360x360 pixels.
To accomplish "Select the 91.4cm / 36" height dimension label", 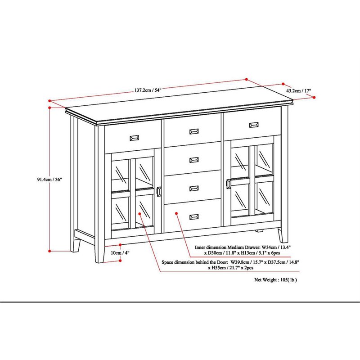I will coord(49,179).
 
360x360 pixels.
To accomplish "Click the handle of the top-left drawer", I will coord(135,138).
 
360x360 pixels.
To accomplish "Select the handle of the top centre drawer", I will coord(194,131).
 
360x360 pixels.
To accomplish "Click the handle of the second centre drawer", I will coord(194,159).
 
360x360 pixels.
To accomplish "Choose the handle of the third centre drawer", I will coord(194,188).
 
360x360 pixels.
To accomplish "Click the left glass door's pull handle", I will coord(159,191).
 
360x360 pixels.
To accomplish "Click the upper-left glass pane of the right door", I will coord(241,161).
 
